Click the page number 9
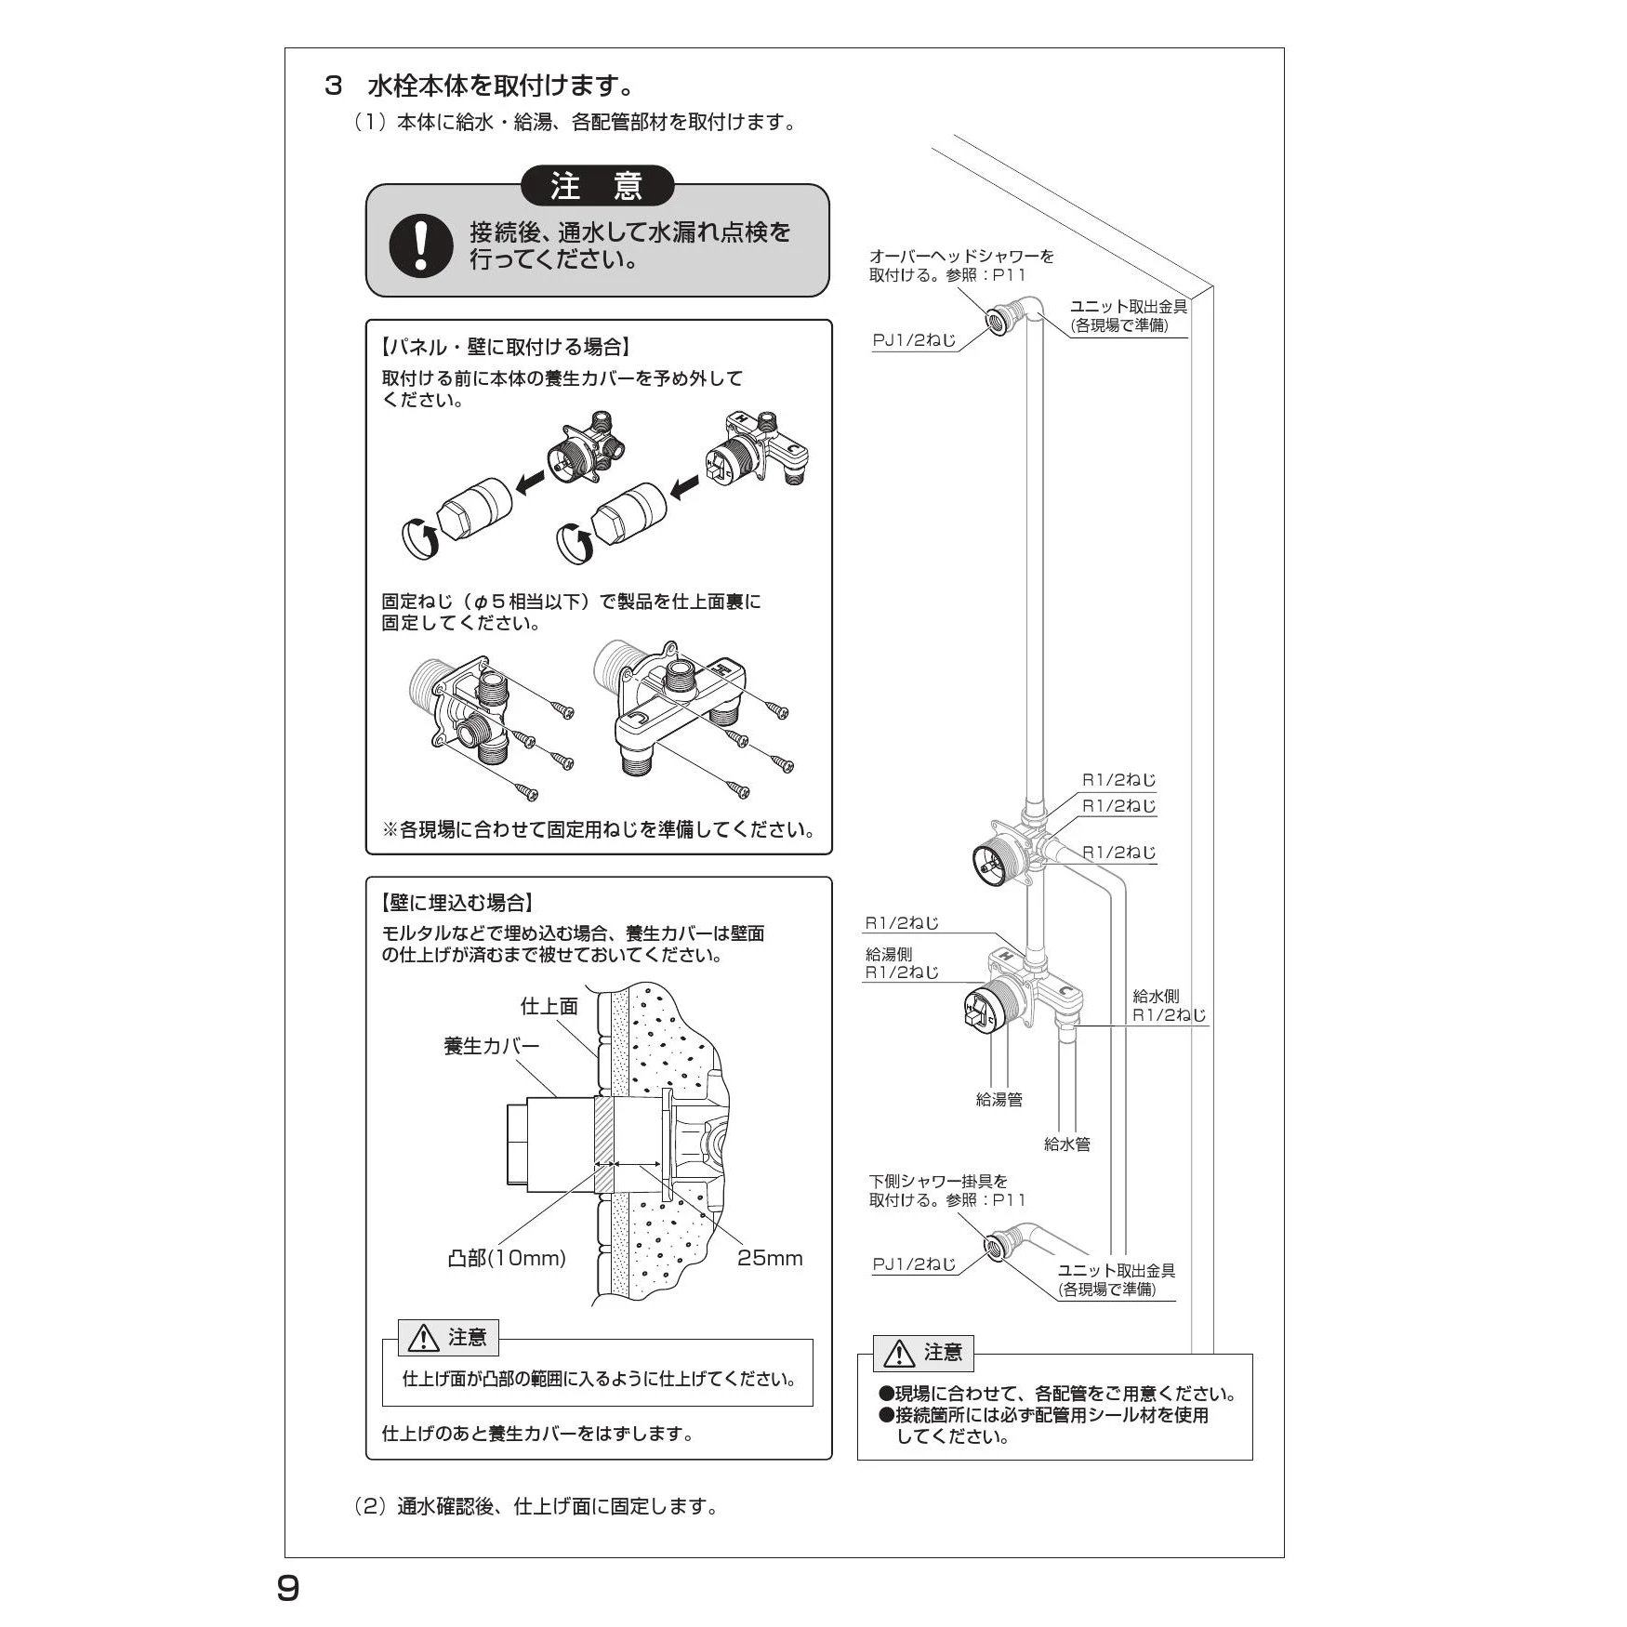[x=288, y=1588]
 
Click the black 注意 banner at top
[x=597, y=186]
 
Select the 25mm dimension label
[x=769, y=1258]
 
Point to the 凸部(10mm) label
[x=507, y=1258]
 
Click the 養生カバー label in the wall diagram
[x=491, y=1046]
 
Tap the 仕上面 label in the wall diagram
[x=549, y=1006]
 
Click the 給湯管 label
[x=999, y=1099]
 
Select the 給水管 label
[x=1066, y=1144]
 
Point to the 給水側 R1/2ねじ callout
[x=1168, y=1006]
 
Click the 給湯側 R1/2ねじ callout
[x=901, y=963]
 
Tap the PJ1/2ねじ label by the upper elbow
[x=914, y=340]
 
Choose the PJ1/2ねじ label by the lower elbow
[x=914, y=1264]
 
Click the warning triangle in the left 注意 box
[x=424, y=1338]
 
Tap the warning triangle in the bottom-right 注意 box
[x=899, y=1355]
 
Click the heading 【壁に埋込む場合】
[x=456, y=903]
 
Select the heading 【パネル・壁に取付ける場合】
[x=506, y=348]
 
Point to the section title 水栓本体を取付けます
[x=501, y=86]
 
